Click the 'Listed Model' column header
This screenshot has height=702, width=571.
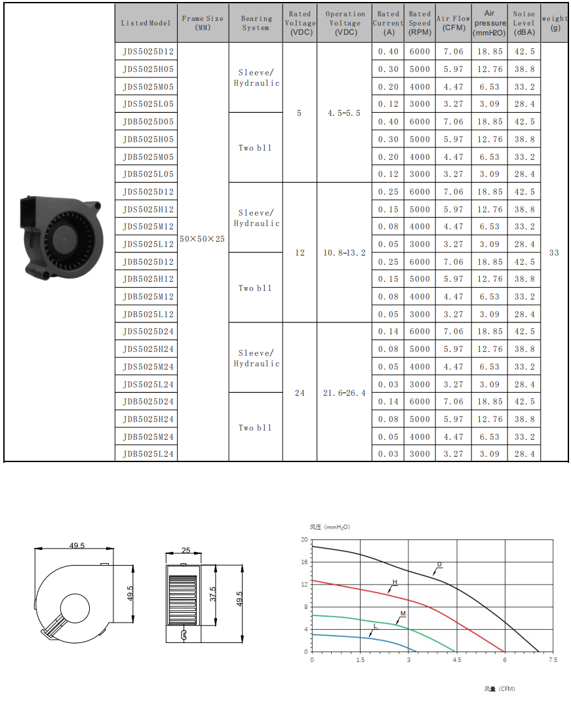146,23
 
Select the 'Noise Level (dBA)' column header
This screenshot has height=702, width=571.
524,23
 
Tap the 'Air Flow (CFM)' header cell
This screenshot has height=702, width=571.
453,23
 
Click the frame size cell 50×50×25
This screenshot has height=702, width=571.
203,239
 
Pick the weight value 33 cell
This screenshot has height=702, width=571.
554,252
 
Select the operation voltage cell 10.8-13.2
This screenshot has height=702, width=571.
344,252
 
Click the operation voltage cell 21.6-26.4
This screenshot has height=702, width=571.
344,393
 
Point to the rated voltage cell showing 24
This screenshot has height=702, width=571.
300,393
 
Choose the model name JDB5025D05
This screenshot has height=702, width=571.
148,122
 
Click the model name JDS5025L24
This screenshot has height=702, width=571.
148,385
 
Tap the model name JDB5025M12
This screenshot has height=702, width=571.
148,297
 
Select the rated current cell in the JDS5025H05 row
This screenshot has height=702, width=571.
387,69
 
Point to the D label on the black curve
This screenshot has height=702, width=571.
439,564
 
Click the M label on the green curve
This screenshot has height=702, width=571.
403,614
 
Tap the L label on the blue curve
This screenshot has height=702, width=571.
375,626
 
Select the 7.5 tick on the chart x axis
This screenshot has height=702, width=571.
553,660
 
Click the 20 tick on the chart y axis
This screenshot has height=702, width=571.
304,539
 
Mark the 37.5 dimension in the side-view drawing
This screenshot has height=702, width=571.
212,593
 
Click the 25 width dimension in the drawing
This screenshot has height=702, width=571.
186,551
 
